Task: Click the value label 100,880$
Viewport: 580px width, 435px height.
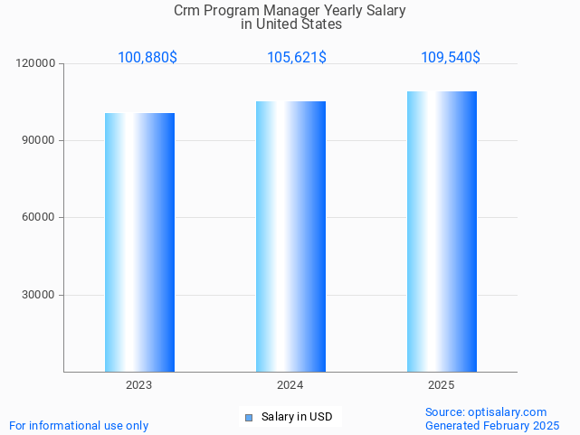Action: (x=147, y=58)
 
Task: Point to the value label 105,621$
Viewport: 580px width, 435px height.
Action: (x=297, y=58)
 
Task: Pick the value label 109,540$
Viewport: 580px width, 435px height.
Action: (x=451, y=58)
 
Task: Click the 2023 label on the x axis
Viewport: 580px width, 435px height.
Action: (x=139, y=385)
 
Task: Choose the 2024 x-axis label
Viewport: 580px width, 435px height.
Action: (x=290, y=385)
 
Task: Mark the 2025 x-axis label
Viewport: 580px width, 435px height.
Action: (x=442, y=385)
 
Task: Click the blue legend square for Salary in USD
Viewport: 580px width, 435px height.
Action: (x=249, y=417)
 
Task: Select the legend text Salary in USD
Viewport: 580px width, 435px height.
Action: (x=297, y=417)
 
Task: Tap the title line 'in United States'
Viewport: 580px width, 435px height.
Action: (x=290, y=24)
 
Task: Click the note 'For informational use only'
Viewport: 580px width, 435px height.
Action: (x=79, y=425)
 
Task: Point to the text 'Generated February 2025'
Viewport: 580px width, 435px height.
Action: (x=492, y=425)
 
